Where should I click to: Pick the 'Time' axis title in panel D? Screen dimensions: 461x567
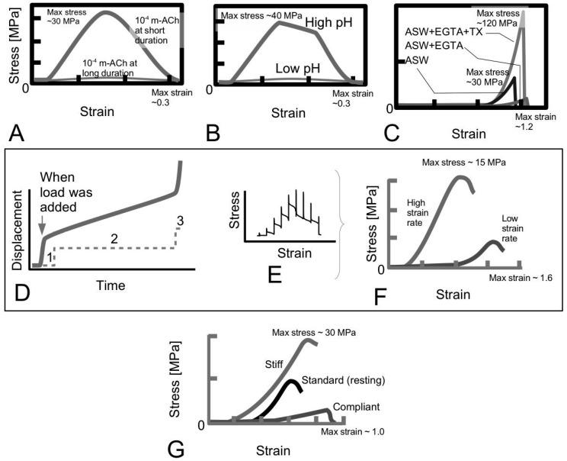[x=110, y=285]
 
